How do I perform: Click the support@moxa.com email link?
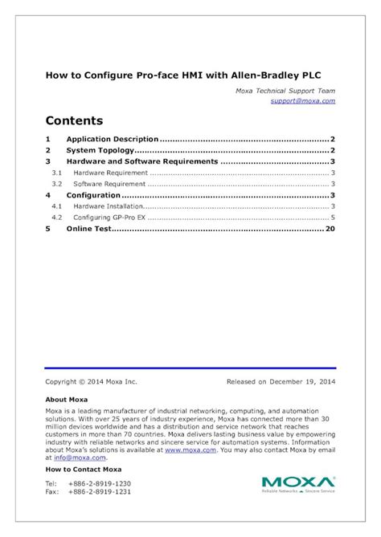click(302, 101)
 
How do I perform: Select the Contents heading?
click(74, 121)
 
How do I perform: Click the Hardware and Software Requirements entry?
click(141, 161)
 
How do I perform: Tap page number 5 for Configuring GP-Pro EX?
click(332, 218)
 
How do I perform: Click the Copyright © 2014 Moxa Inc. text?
click(92, 382)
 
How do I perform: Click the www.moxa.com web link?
click(184, 450)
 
